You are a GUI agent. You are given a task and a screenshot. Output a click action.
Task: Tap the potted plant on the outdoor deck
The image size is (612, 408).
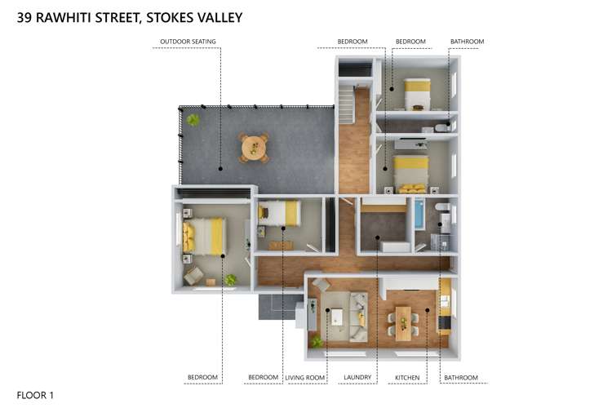click(x=193, y=120)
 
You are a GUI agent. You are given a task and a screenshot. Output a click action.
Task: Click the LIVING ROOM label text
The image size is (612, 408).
click(x=305, y=378)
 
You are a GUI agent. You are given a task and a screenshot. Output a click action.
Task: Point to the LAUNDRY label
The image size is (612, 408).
click(x=357, y=378)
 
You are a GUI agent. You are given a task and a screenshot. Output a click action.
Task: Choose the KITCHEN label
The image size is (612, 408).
click(x=407, y=378)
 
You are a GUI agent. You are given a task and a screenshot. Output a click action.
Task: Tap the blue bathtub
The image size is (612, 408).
click(x=419, y=215)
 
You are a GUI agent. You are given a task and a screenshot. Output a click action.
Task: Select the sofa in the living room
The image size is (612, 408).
click(x=358, y=316)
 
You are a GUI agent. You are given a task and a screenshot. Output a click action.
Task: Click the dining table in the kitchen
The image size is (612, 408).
click(x=403, y=322)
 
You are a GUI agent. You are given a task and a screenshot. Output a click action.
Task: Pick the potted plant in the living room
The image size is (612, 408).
click(x=317, y=341)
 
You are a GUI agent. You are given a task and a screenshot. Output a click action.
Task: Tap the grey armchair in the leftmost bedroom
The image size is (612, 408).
click(x=193, y=276)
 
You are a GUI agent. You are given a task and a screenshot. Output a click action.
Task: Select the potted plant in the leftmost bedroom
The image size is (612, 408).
click(x=231, y=280)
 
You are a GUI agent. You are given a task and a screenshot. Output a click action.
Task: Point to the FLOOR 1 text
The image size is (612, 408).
click(x=35, y=395)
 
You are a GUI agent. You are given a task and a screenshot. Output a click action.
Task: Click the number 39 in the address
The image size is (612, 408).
click(x=25, y=16)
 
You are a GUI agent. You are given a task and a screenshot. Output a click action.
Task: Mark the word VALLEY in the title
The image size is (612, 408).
click(x=218, y=16)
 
